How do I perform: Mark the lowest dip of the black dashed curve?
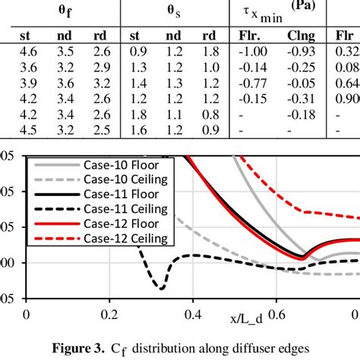[160, 288]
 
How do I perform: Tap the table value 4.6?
[27, 51]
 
